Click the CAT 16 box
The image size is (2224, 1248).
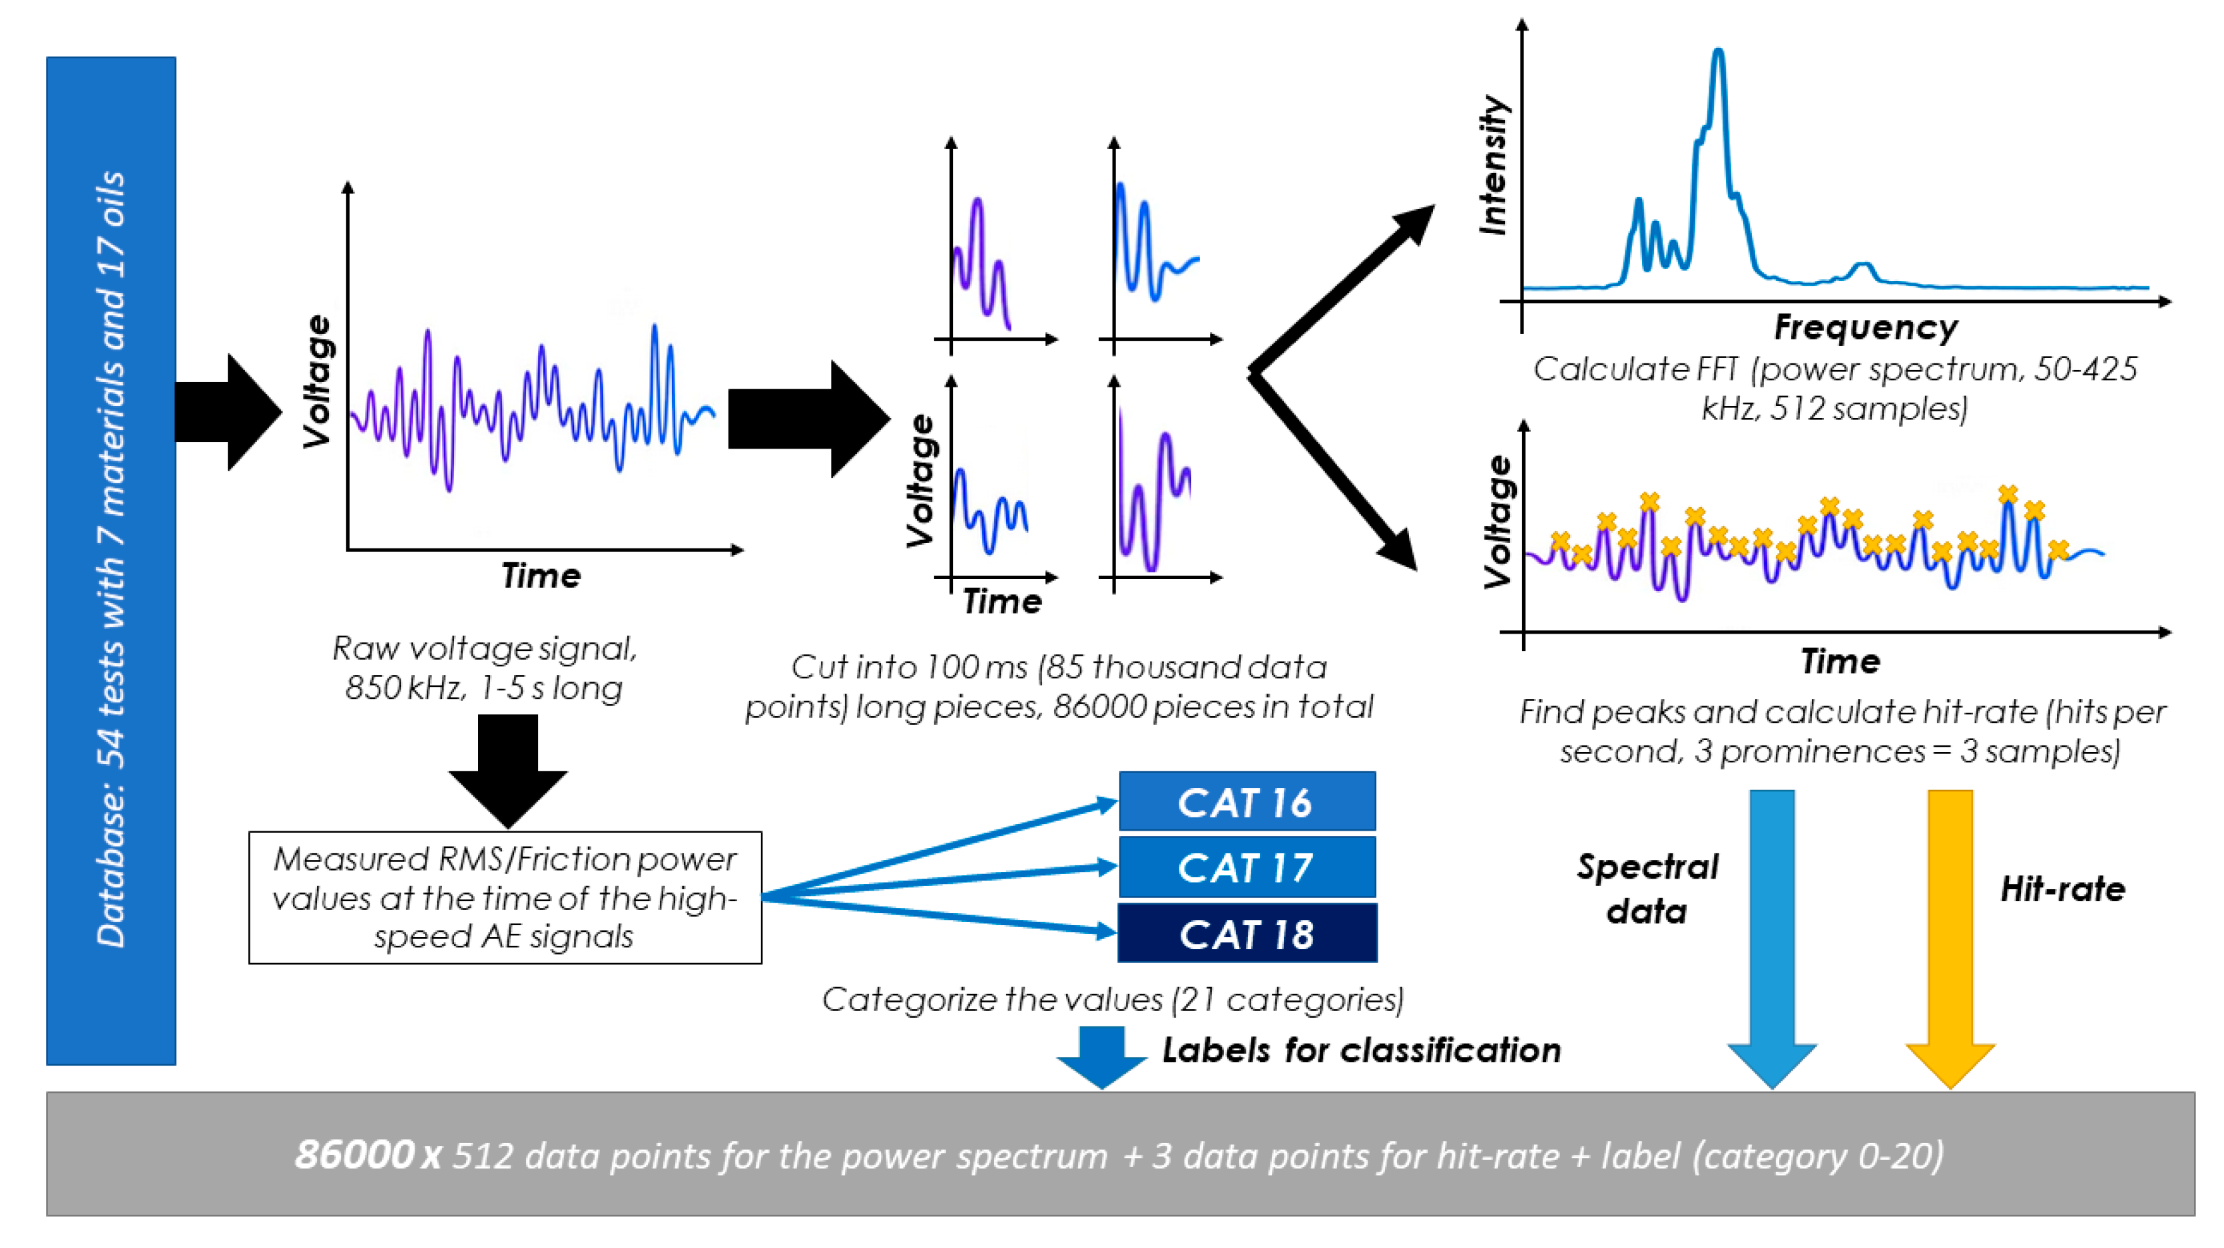click(1247, 802)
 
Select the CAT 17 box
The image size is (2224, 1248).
click(1247, 867)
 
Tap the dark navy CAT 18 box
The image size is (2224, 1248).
click(1247, 934)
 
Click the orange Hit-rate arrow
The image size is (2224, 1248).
click(1950, 932)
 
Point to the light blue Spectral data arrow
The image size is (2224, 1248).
click(1772, 932)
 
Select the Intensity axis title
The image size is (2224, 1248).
click(1494, 164)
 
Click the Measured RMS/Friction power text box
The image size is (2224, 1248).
click(505, 898)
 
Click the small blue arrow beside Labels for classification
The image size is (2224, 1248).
click(1101, 1056)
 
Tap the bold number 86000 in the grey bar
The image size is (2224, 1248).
click(354, 1155)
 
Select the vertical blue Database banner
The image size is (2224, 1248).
click(111, 561)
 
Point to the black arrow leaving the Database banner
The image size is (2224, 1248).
click(229, 413)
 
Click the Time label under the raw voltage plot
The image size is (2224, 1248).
click(541, 576)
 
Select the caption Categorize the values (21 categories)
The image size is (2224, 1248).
click(1112, 1000)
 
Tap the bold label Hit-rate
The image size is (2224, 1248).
click(2063, 889)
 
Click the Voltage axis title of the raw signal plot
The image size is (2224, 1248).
click(318, 381)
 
